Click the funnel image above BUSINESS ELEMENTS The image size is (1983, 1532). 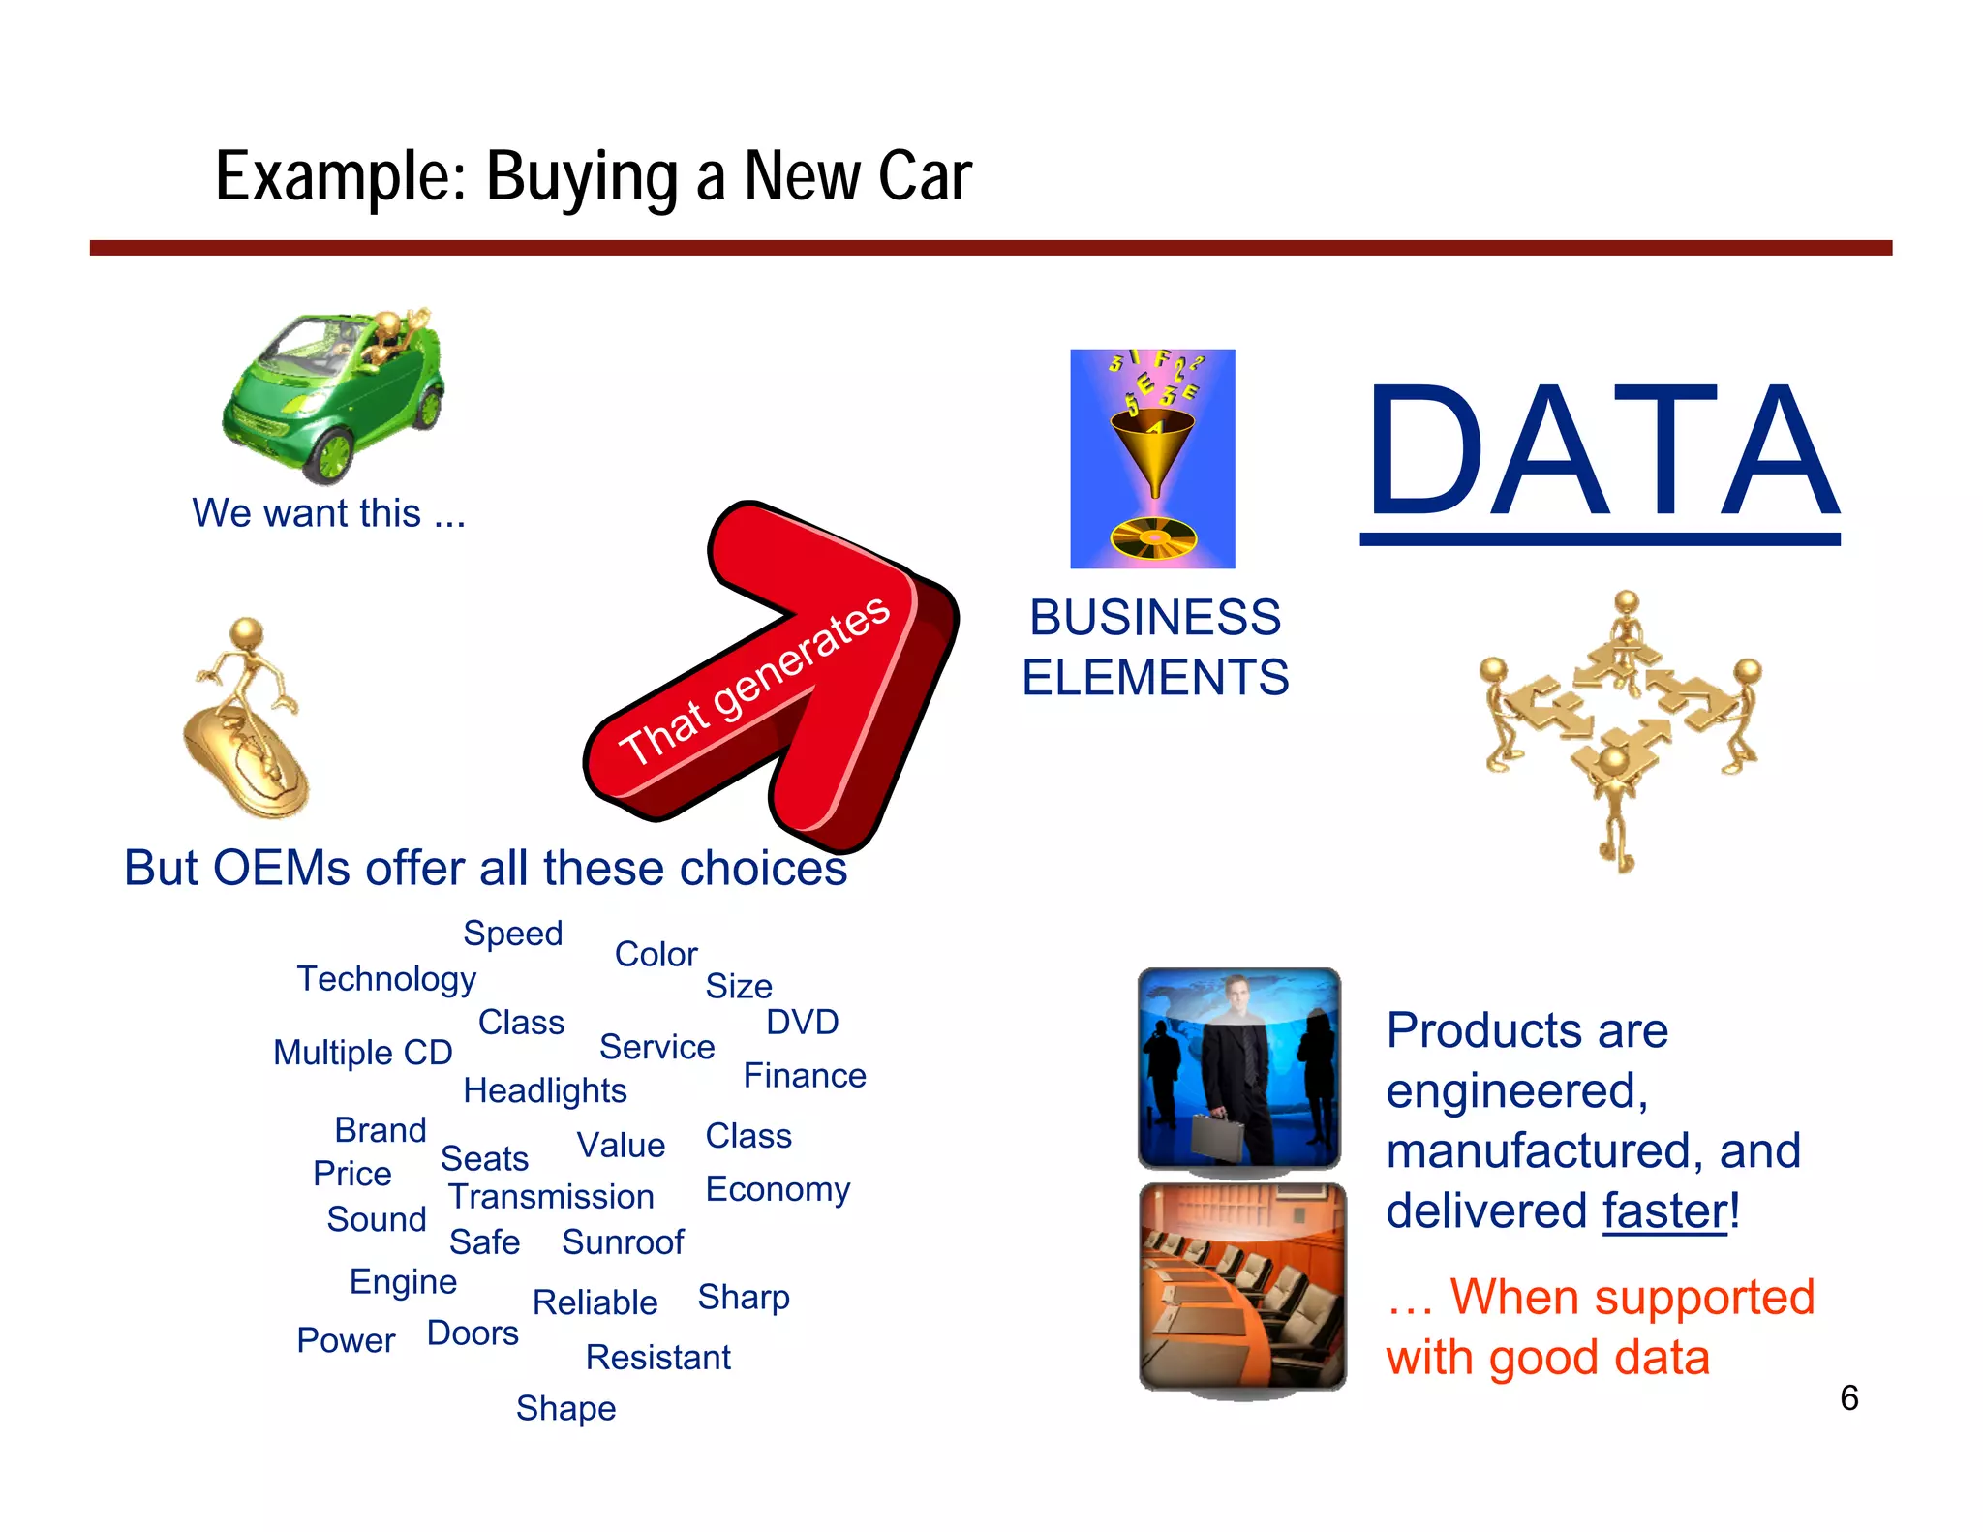click(x=1152, y=458)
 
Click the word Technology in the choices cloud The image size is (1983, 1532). click(x=386, y=979)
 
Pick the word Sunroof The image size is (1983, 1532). click(x=623, y=1242)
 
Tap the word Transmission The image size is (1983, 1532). click(x=551, y=1197)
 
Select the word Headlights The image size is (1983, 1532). click(x=545, y=1090)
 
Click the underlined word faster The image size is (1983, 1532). click(x=1664, y=1211)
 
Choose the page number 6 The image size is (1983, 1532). click(x=1848, y=1398)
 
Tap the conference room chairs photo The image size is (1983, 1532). click(x=1242, y=1288)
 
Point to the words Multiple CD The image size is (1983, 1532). click(x=363, y=1053)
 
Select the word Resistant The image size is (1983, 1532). click(x=658, y=1358)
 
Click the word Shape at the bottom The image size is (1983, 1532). click(x=565, y=1408)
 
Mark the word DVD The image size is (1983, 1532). click(x=802, y=1023)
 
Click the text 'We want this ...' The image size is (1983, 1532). click(x=329, y=513)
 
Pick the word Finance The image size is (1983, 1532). click(x=805, y=1076)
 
